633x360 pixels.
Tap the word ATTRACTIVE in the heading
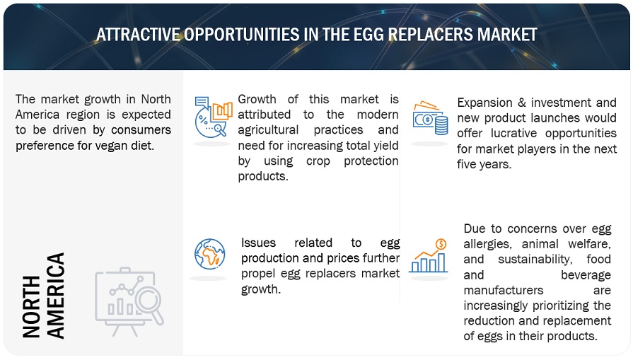pos(138,35)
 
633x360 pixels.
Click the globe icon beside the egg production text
pos(209,254)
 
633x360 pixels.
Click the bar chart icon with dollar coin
pos(429,255)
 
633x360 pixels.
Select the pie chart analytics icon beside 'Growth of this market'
pos(213,117)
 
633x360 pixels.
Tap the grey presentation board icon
pos(129,301)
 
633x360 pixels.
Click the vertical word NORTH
pos(32,307)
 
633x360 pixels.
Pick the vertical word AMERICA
pos(55,296)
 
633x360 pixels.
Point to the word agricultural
pos(268,130)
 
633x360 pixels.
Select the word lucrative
pos(514,133)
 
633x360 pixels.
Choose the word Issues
pos(258,243)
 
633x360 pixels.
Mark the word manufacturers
pos(504,290)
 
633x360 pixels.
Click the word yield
pos(387,145)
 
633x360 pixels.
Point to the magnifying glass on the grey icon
pos(149,303)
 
